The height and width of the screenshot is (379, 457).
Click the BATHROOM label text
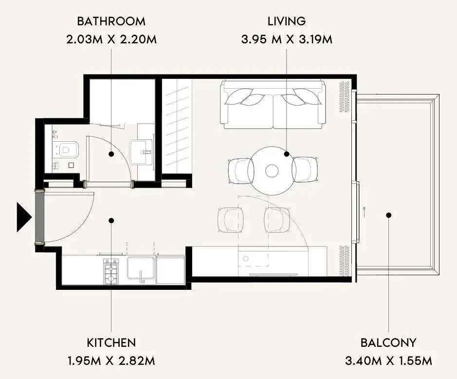[x=111, y=21]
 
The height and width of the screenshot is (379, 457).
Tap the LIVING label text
[x=287, y=21]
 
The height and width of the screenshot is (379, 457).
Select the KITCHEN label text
[x=111, y=342]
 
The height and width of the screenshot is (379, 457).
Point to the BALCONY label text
[x=388, y=342]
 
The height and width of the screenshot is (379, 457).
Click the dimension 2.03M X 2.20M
[x=111, y=39]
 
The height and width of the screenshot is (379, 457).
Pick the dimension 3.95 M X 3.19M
[x=287, y=39]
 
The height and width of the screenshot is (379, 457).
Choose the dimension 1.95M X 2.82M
[x=111, y=361]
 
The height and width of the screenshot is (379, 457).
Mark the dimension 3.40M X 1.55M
[x=388, y=361]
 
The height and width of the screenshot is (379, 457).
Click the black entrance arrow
[x=23, y=217]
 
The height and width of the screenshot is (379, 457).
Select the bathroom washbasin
[x=141, y=152]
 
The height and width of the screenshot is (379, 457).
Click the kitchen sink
[x=141, y=268]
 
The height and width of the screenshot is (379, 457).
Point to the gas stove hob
[x=111, y=271]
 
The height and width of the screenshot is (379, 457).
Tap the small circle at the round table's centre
[x=272, y=171]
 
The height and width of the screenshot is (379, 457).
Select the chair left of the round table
[x=240, y=171]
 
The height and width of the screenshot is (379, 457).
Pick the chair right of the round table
[x=304, y=170]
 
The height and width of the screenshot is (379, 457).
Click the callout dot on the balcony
[x=388, y=215]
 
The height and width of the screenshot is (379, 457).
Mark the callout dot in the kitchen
[x=111, y=221]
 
